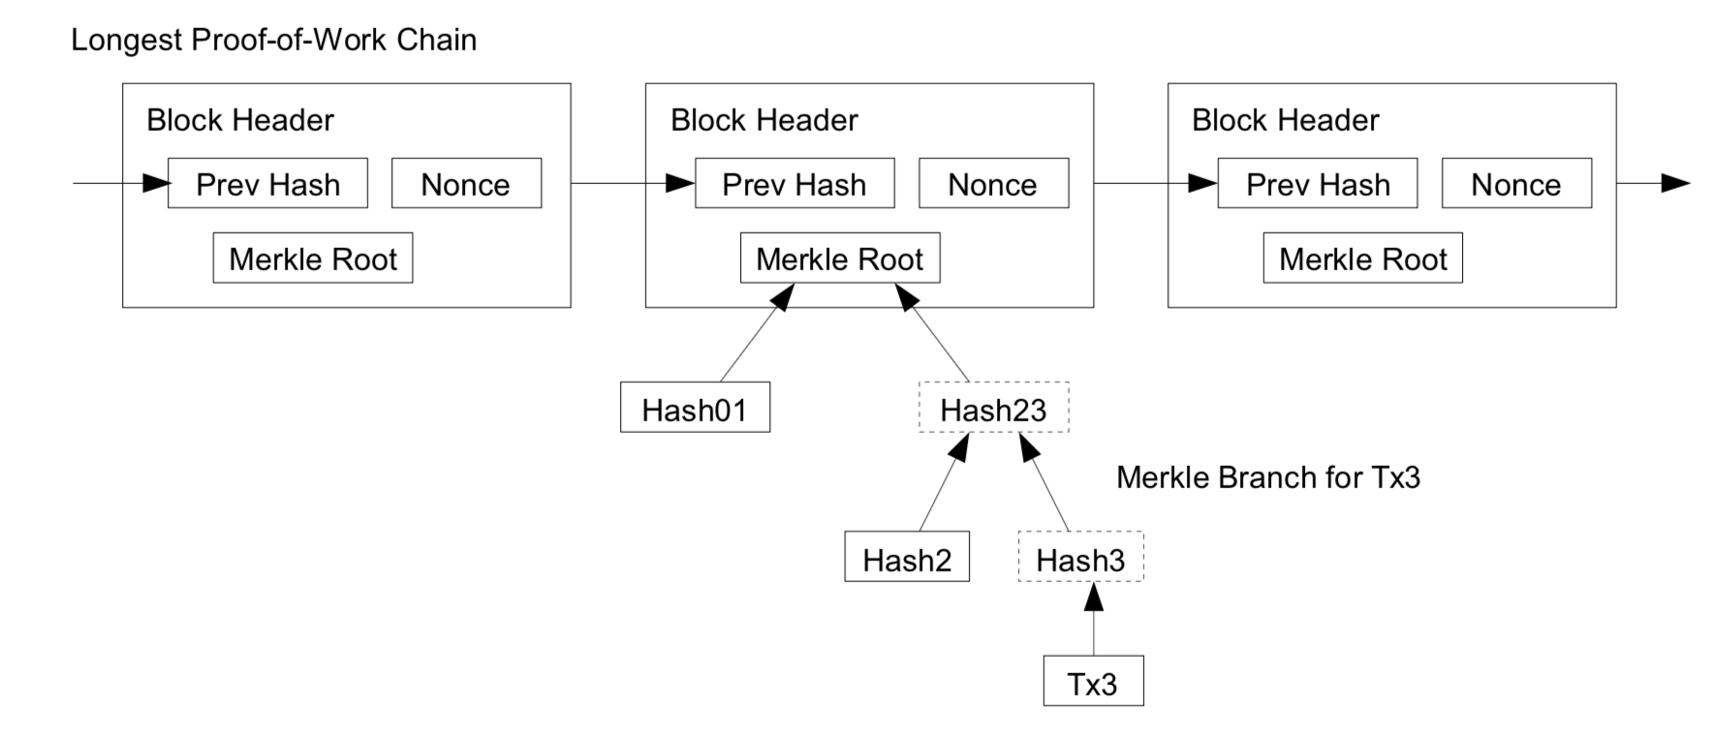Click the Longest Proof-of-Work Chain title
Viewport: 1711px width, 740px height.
click(x=274, y=41)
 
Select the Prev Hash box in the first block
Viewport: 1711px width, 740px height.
click(x=267, y=183)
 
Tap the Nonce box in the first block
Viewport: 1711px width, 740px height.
click(x=466, y=183)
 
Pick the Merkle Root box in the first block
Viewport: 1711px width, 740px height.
click(x=313, y=258)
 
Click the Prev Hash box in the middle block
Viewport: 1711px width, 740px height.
click(x=794, y=183)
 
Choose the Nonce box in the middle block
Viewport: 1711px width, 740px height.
click(x=993, y=183)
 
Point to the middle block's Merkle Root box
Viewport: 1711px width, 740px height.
click(x=840, y=258)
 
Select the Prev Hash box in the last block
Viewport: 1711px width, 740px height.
click(x=1318, y=183)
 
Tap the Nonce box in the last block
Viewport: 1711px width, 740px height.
click(x=1516, y=183)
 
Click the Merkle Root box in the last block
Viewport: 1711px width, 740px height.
click(x=1363, y=258)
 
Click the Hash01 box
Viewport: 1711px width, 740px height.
click(x=696, y=407)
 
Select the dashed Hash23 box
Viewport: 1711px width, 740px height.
click(x=993, y=407)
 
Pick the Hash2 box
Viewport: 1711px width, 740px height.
click(x=907, y=556)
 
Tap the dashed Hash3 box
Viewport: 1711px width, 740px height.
click(x=1080, y=556)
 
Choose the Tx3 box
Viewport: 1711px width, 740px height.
click(x=1093, y=681)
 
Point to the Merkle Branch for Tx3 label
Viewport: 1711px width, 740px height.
click(x=1268, y=478)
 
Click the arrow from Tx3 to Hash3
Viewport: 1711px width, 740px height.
click(x=1094, y=619)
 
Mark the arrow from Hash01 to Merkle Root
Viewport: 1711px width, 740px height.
click(x=758, y=332)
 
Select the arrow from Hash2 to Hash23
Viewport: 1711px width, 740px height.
click(x=945, y=481)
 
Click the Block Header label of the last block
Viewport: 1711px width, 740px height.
click(x=1285, y=120)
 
